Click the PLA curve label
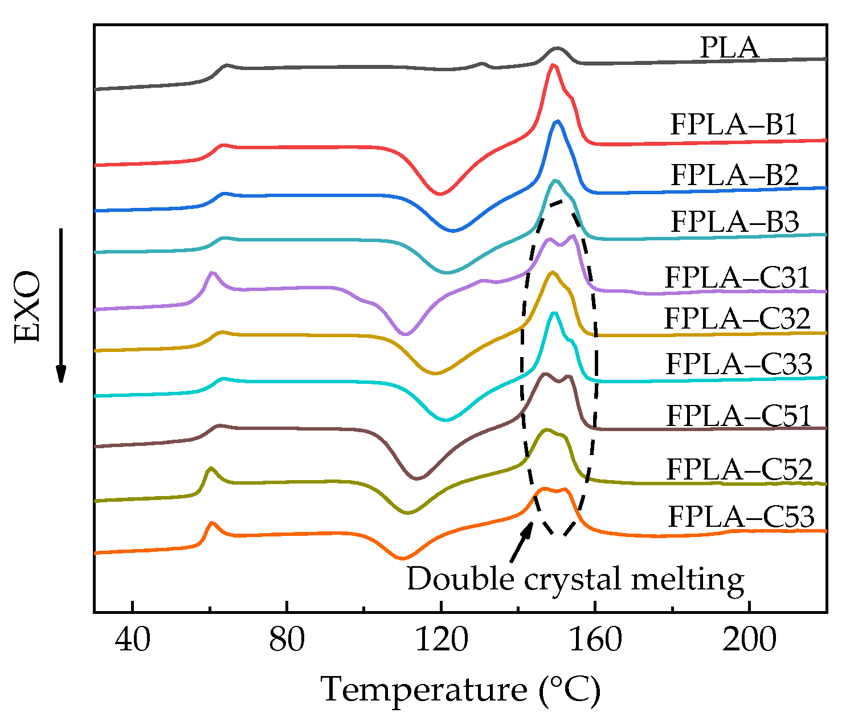[729, 48]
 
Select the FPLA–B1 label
[734, 125]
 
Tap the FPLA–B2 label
[734, 175]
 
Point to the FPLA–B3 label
[735, 222]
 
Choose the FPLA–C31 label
[737, 278]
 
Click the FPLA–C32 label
[737, 318]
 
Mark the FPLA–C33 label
[738, 364]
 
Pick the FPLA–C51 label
[739, 416]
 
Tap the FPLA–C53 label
[741, 517]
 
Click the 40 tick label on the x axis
[132, 640]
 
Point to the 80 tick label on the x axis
[287, 640]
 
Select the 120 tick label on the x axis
[442, 640]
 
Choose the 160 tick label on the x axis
[595, 640]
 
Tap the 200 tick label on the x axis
[749, 640]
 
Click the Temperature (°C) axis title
[461, 690]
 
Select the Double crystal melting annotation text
[575, 579]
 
